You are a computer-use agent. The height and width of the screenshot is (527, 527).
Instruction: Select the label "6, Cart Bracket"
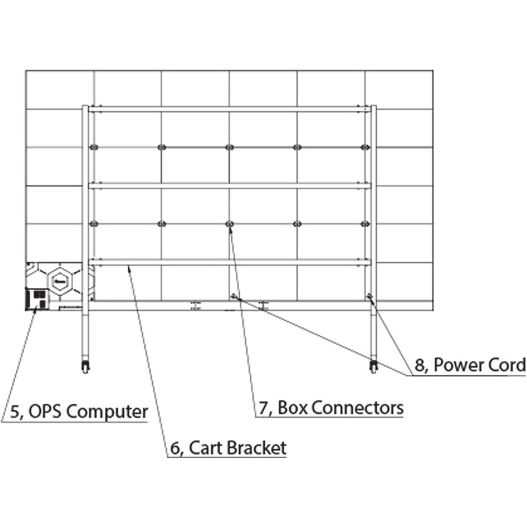click(228, 448)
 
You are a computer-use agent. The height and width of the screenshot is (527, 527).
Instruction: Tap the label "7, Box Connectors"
click(330, 408)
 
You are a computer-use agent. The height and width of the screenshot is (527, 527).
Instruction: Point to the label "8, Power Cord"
click(470, 365)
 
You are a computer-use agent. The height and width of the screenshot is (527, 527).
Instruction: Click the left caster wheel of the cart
click(85, 366)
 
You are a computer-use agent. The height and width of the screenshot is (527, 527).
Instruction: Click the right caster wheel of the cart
click(374, 366)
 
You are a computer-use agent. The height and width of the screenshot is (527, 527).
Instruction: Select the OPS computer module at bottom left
click(36, 298)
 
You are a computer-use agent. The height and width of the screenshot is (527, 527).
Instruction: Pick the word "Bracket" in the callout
click(256, 448)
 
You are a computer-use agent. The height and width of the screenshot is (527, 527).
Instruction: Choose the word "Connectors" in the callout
click(358, 408)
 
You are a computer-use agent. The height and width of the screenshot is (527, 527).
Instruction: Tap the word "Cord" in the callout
click(509, 365)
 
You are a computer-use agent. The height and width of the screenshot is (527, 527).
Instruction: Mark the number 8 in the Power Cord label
click(419, 365)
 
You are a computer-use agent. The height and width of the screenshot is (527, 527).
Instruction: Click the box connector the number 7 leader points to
click(229, 225)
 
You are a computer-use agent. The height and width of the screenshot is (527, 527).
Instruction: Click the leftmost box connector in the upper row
click(93, 147)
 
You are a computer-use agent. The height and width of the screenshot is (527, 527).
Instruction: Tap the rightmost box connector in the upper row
click(364, 147)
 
